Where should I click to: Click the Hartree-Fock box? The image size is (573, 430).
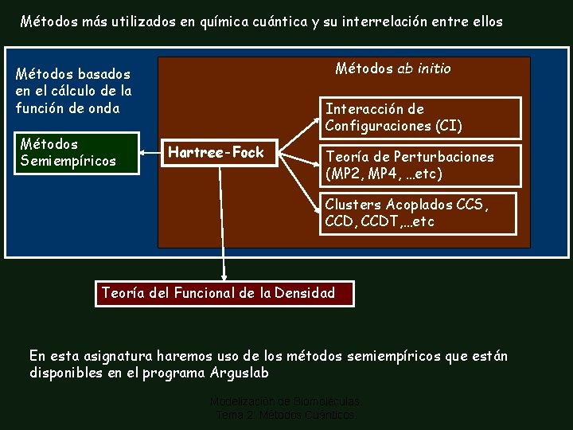point(216,153)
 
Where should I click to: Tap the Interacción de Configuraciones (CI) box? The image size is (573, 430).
point(421,117)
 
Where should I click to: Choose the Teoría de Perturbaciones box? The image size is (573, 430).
point(421,165)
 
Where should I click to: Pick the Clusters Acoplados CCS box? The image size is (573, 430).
point(421,213)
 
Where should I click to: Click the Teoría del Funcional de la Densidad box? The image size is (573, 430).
point(224,293)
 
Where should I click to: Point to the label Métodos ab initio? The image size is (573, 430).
point(393,68)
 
